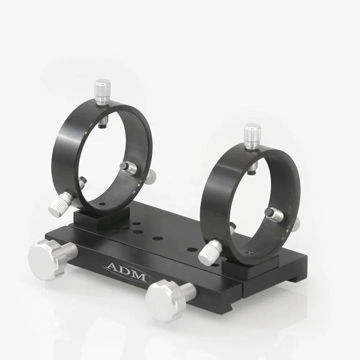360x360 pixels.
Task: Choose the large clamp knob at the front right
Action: (x=163, y=302)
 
